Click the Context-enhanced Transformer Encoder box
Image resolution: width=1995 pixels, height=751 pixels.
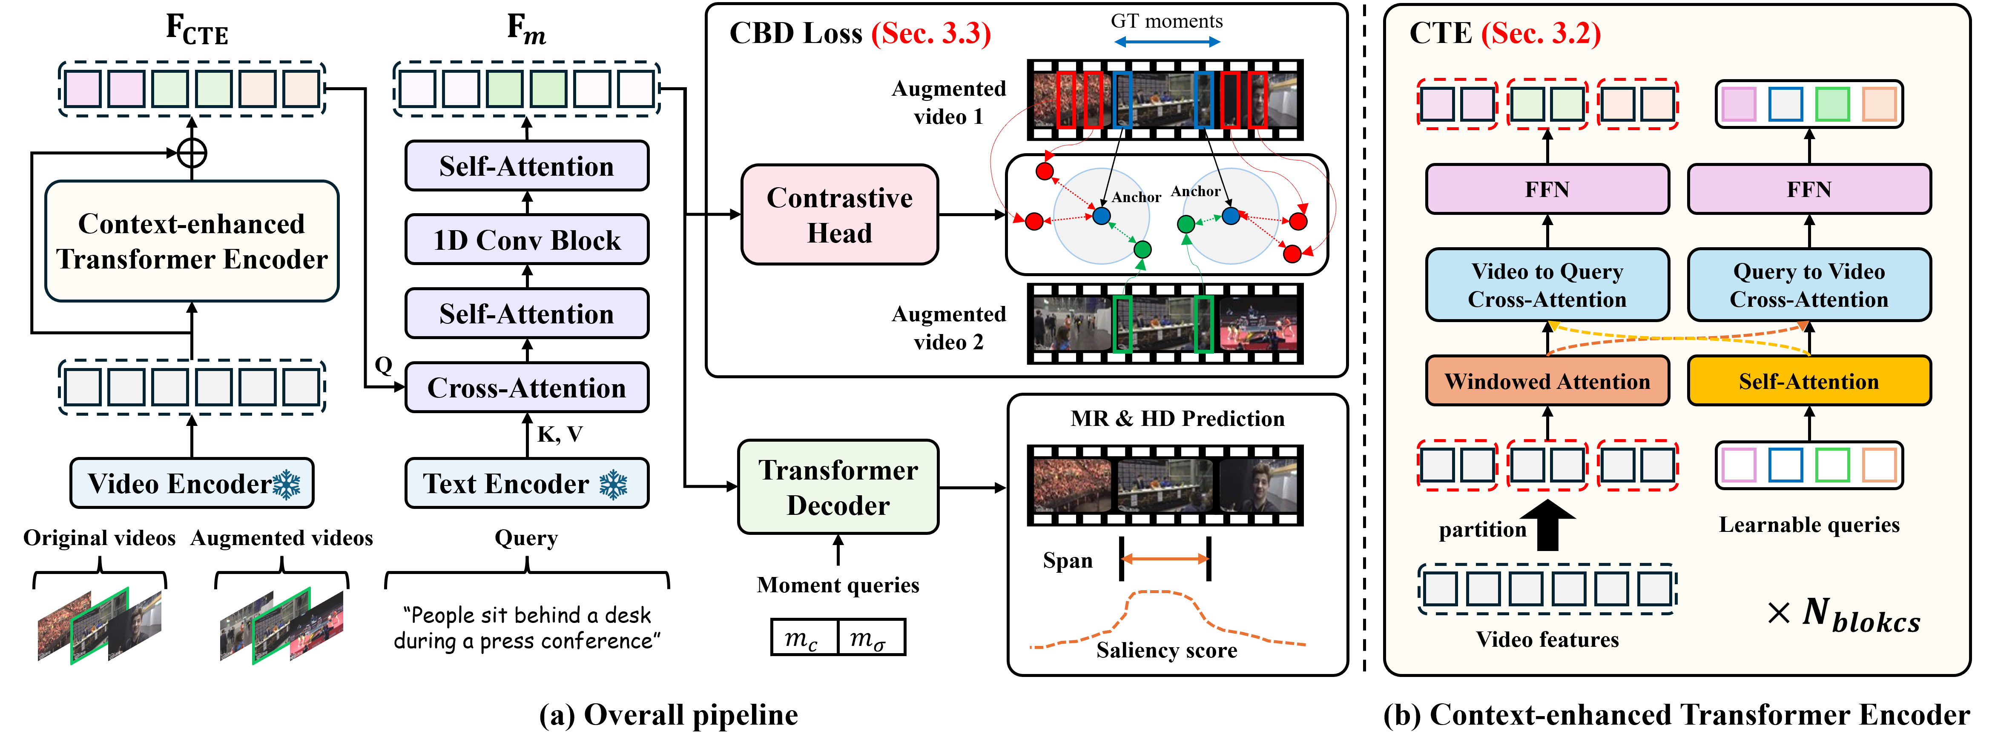pos(192,241)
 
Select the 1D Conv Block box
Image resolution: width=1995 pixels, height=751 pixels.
pos(527,240)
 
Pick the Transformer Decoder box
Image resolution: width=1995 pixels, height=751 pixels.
pos(838,487)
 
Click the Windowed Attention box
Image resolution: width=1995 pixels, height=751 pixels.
pos(1547,381)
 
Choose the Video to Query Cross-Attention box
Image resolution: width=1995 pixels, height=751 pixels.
pos(1547,285)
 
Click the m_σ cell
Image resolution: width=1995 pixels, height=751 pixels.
pos(870,638)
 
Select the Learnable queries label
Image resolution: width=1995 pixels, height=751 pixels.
pos(1809,525)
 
